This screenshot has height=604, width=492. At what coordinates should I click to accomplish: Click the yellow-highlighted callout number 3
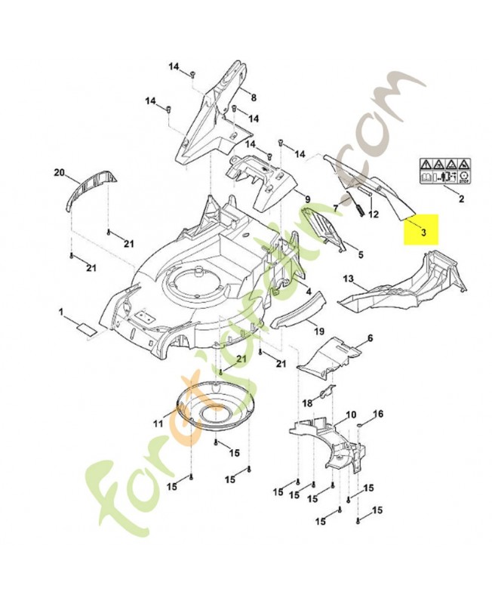(x=424, y=232)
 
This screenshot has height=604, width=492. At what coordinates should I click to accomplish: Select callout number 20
(x=60, y=173)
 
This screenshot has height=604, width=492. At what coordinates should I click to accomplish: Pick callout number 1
(x=63, y=312)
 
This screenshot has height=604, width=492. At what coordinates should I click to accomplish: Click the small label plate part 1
(x=86, y=328)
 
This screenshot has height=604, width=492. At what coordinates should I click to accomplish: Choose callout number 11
(x=158, y=424)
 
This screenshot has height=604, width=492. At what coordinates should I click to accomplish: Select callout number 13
(x=349, y=279)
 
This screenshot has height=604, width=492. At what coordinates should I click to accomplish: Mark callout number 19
(x=320, y=331)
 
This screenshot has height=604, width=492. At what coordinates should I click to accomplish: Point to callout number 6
(x=371, y=337)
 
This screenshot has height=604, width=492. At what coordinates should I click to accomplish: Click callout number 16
(x=378, y=413)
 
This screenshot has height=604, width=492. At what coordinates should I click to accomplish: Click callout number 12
(x=374, y=214)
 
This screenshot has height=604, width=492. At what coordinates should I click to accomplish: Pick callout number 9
(x=308, y=199)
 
